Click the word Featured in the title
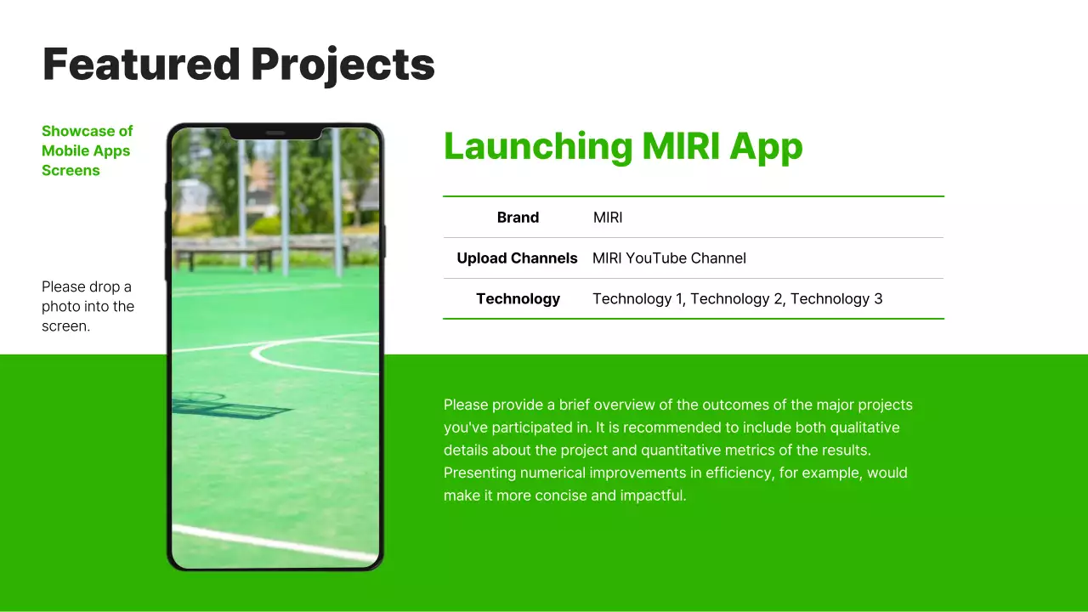click(141, 65)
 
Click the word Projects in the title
click(343, 65)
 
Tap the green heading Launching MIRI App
click(622, 146)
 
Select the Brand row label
click(518, 218)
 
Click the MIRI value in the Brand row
click(608, 218)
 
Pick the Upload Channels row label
click(517, 258)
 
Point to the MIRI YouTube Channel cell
click(669, 258)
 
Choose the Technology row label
click(518, 299)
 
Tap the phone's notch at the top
click(275, 133)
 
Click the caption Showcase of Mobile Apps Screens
click(88, 150)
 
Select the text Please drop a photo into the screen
click(88, 306)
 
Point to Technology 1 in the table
click(638, 299)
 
